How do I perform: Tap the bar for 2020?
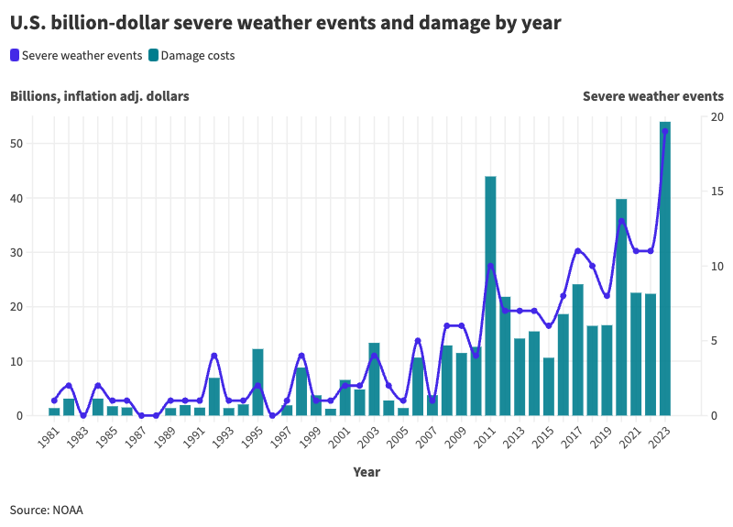point(621,307)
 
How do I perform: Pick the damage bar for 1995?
point(257,382)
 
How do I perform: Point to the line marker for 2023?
point(665,131)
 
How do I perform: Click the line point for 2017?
point(577,250)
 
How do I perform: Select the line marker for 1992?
point(213,356)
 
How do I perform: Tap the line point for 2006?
point(418,341)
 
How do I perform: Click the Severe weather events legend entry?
point(76,56)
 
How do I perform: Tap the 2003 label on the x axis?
point(366,438)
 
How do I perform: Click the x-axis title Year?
point(366,472)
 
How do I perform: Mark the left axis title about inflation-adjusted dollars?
point(100,96)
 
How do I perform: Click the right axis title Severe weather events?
point(652,96)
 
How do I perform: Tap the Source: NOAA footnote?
point(47,509)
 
